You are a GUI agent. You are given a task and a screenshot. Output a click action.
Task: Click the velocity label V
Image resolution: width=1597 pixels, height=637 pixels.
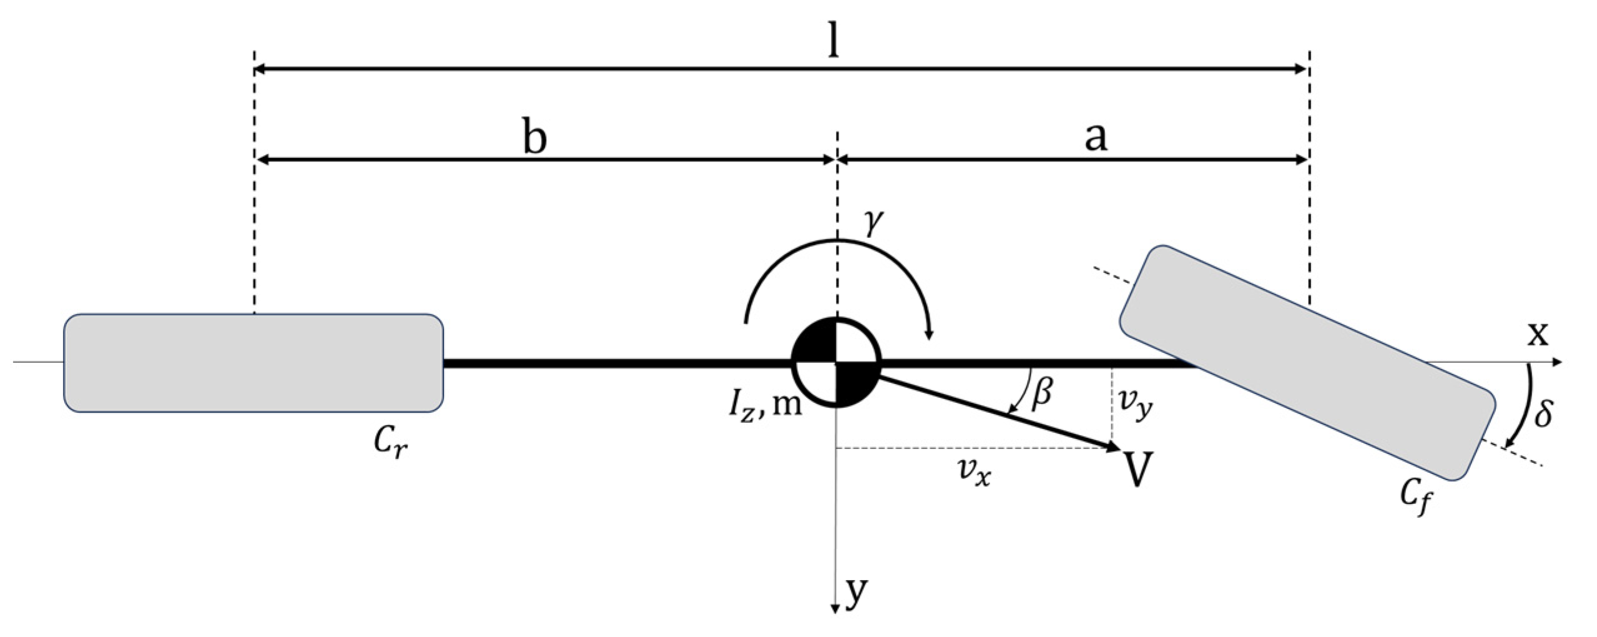tap(1138, 470)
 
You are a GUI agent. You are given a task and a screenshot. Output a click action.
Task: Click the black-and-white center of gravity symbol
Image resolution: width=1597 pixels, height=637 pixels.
tap(836, 362)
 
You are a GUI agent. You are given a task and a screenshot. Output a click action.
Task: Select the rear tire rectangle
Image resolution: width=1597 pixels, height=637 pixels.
tap(253, 362)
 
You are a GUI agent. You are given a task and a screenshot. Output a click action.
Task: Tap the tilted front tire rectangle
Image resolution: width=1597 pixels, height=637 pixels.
tap(1307, 362)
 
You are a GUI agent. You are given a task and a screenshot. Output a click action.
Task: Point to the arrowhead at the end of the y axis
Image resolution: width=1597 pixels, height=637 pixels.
tap(835, 608)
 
